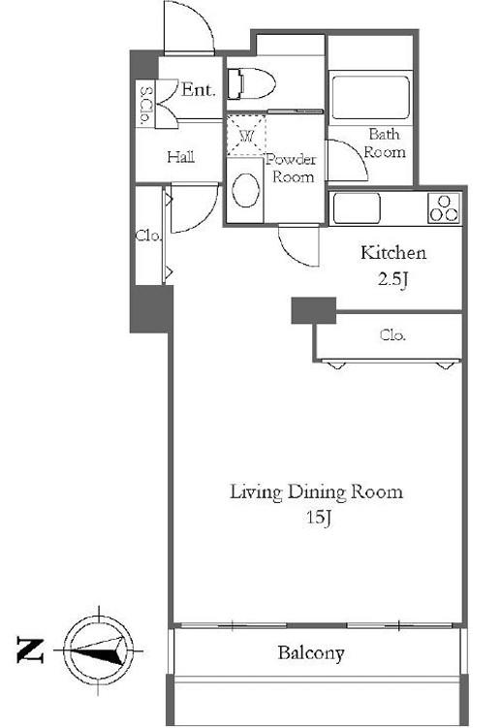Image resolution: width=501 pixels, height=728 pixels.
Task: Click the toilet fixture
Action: [251, 84]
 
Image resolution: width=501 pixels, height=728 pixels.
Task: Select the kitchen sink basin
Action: [357, 207]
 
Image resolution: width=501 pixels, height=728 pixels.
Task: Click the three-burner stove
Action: [444, 208]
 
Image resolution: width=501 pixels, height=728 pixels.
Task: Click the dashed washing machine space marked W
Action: [246, 135]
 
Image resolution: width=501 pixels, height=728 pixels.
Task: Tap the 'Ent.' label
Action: [199, 89]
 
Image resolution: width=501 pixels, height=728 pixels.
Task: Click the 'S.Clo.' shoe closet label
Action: [144, 105]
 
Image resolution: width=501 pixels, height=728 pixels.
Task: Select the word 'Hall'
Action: [180, 157]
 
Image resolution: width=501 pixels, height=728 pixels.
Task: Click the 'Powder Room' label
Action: [292, 168]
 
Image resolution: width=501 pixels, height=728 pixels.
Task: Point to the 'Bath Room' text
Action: [385, 143]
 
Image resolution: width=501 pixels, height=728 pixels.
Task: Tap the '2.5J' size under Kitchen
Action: [392, 279]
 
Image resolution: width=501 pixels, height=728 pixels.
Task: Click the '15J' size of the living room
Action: [319, 518]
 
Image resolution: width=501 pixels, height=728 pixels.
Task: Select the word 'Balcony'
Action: [311, 653]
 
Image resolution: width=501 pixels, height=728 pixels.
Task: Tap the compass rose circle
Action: [98, 650]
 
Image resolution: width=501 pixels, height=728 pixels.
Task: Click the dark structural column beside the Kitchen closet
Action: [313, 310]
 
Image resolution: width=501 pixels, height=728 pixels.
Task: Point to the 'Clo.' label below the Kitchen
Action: [392, 334]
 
